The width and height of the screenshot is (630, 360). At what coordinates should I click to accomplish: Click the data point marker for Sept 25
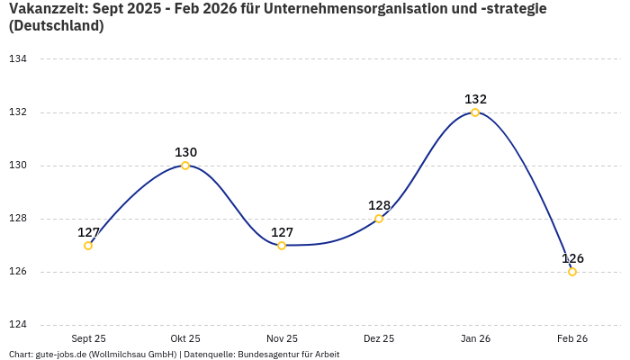click(x=88, y=246)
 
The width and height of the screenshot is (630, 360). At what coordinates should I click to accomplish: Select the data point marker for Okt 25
click(x=185, y=166)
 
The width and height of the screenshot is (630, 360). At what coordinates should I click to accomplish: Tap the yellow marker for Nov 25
click(x=282, y=246)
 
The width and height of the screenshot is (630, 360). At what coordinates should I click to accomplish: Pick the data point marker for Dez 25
click(x=379, y=219)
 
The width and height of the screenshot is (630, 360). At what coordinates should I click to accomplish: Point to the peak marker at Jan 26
click(x=475, y=112)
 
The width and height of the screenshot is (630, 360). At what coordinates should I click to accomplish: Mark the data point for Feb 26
click(x=572, y=272)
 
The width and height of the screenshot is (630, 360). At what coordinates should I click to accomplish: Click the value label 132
click(x=475, y=99)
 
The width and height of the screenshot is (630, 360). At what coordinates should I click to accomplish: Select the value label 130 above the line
click(x=185, y=152)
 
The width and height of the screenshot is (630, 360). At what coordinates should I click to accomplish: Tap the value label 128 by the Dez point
click(x=379, y=205)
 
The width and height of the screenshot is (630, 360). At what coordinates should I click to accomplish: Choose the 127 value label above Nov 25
click(x=282, y=232)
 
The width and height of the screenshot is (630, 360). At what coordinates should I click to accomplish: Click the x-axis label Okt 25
click(x=185, y=338)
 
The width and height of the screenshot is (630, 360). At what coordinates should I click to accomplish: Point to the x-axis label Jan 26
click(x=475, y=338)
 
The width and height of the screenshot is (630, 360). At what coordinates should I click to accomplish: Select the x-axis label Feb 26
click(x=572, y=338)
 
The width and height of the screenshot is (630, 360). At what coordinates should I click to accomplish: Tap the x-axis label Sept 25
click(x=88, y=338)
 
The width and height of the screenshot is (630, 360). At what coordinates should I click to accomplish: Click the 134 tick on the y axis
click(x=18, y=59)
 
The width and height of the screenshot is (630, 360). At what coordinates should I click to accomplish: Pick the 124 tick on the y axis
click(x=18, y=325)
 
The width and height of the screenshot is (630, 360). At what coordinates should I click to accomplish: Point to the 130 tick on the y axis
click(x=18, y=166)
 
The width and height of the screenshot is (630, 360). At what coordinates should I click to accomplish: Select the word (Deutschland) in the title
click(x=56, y=26)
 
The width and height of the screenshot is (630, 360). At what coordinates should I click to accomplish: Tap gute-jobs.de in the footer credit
click(x=60, y=355)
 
